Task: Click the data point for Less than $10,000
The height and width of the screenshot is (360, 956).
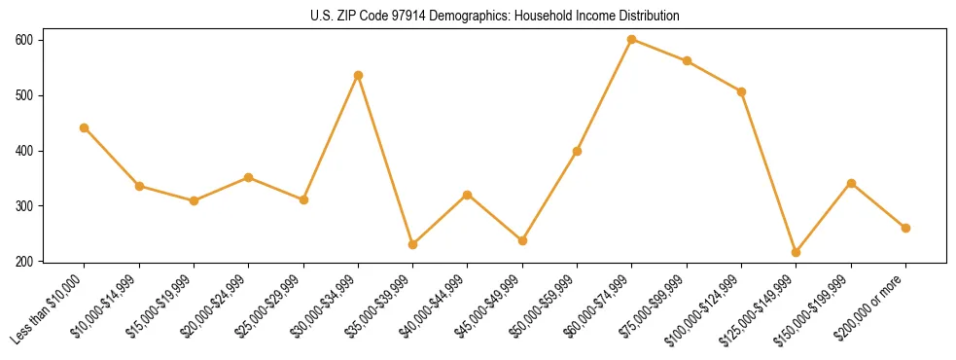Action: [85, 127]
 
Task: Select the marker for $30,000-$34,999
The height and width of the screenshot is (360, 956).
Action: [359, 75]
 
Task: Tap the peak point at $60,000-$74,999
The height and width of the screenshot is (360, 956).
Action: [632, 40]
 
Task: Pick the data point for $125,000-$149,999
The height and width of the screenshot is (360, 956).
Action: [797, 252]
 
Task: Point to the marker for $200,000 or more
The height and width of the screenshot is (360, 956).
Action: [906, 228]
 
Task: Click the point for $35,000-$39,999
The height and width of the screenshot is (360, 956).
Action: [413, 244]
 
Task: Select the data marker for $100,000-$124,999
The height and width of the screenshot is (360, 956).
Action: [742, 91]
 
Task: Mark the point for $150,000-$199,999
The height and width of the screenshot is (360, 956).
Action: [852, 183]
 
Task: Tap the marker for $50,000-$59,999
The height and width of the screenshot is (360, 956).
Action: [578, 151]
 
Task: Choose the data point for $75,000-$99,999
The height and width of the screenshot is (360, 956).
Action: [688, 60]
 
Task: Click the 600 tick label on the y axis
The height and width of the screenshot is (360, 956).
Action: [24, 40]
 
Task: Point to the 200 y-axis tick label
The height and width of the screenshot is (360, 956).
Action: [24, 261]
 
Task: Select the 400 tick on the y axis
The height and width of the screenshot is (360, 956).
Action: [24, 151]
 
